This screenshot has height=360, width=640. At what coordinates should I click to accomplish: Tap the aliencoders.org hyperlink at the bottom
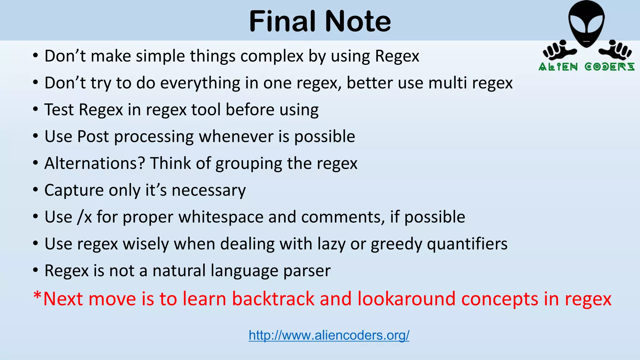(x=329, y=335)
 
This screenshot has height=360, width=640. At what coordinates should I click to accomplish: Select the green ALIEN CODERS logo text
(x=587, y=67)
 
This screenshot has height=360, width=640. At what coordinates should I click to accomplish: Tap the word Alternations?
(x=95, y=163)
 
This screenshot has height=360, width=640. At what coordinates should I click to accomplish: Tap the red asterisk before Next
(x=37, y=295)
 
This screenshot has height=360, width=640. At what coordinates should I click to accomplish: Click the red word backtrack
(x=273, y=299)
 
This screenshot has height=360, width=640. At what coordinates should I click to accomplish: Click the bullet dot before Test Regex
(x=36, y=110)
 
